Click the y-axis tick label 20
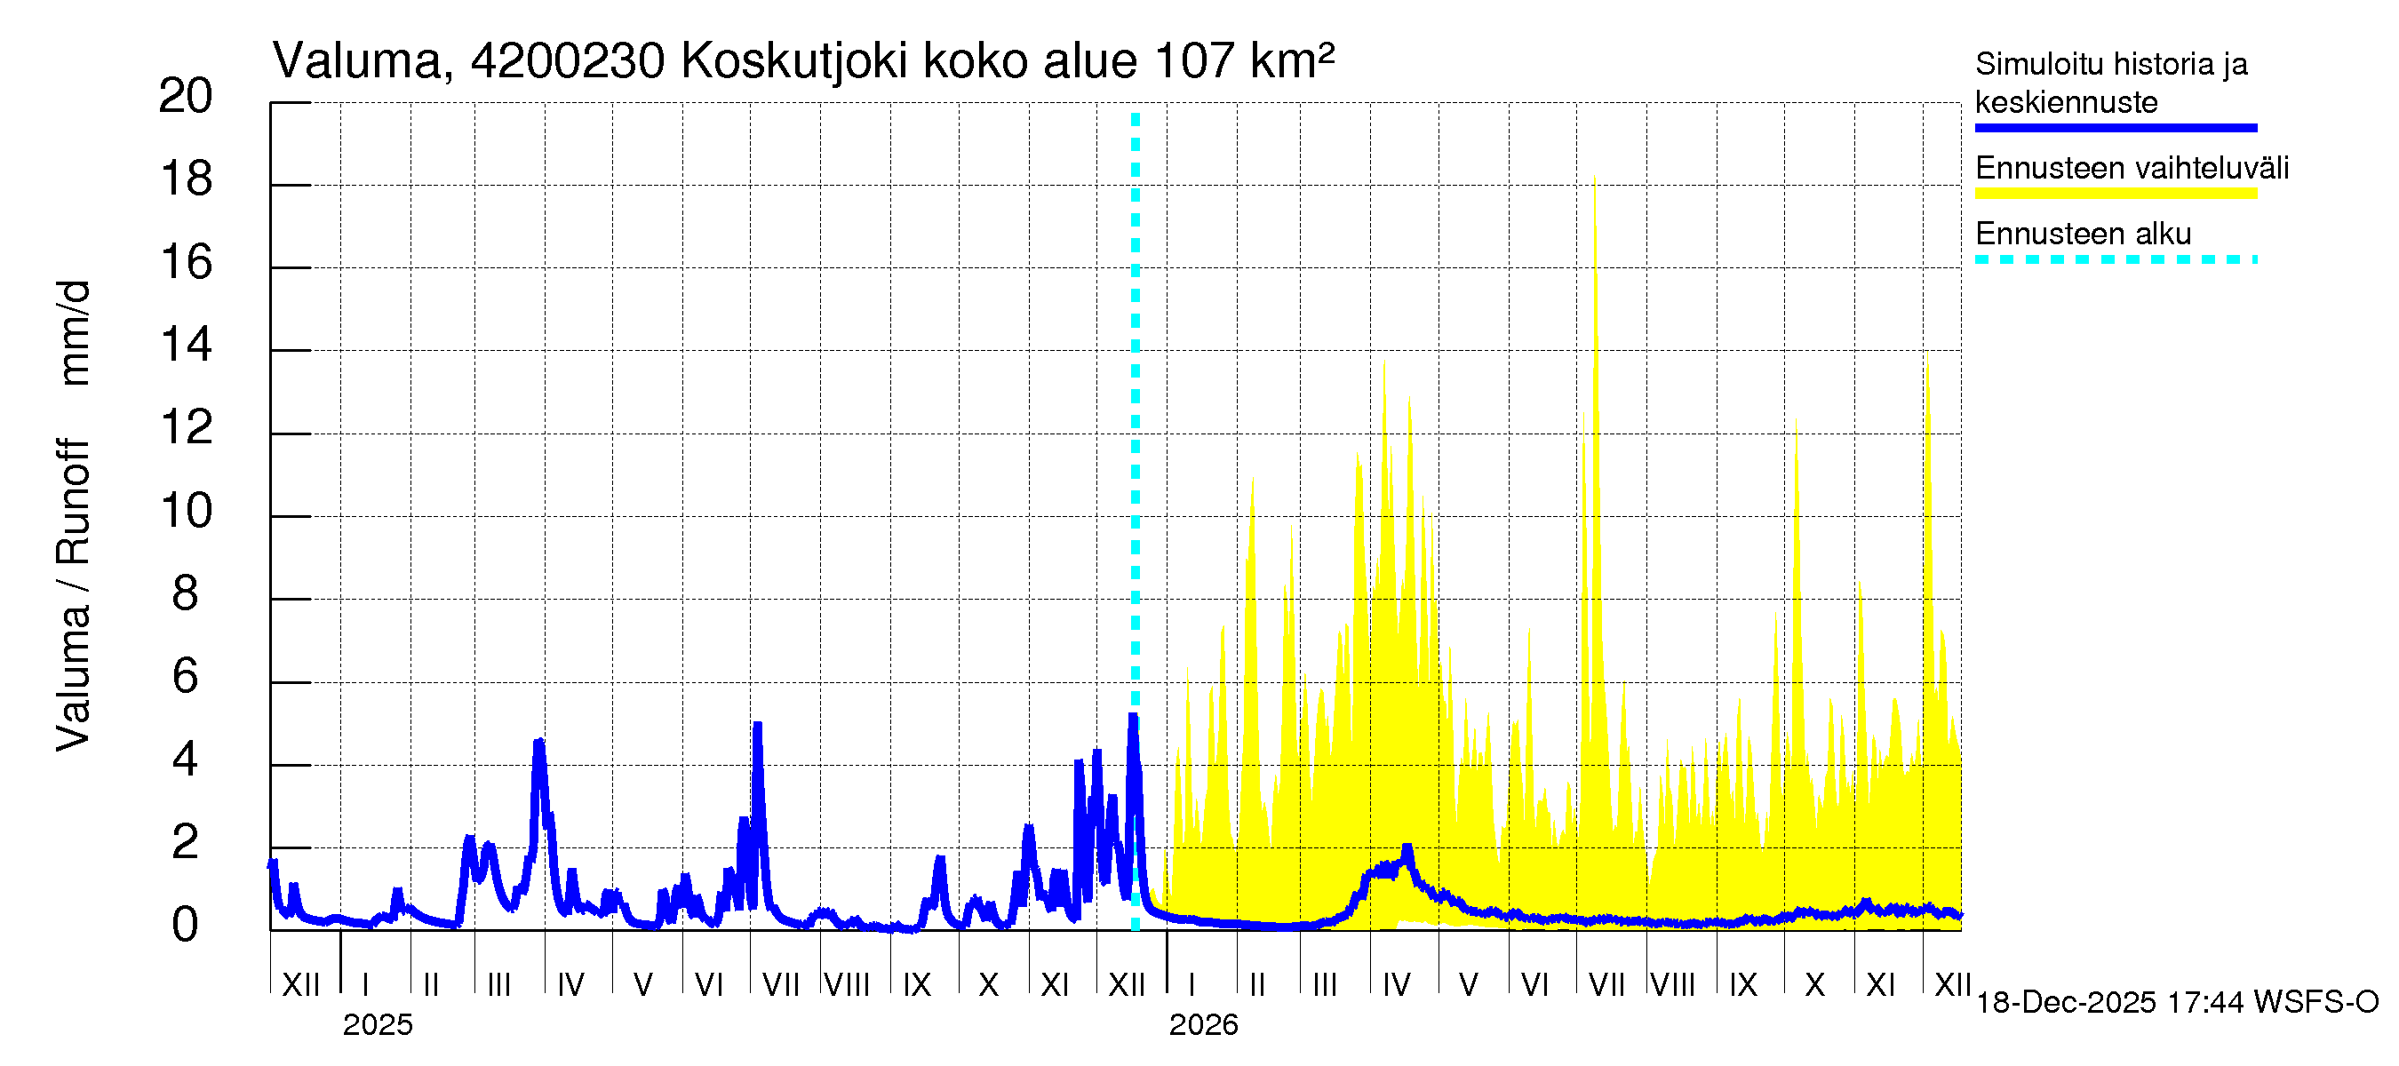(x=186, y=96)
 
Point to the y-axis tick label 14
(x=187, y=346)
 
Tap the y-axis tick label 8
(x=186, y=594)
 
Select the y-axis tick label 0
(x=186, y=926)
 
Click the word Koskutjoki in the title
(x=794, y=61)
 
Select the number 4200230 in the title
(x=567, y=61)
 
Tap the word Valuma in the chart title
(x=356, y=61)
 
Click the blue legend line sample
(x=2115, y=128)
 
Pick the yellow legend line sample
(x=2115, y=194)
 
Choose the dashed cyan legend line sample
(x=2115, y=259)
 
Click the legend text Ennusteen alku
(x=2084, y=234)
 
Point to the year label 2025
(x=377, y=1025)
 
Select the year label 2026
(x=1203, y=1025)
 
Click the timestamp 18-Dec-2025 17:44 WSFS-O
(x=2176, y=1003)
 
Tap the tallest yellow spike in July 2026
(x=1594, y=177)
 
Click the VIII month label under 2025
(x=847, y=985)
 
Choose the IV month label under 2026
(x=1396, y=985)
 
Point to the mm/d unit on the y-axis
(x=75, y=332)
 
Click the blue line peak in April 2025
(x=538, y=743)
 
